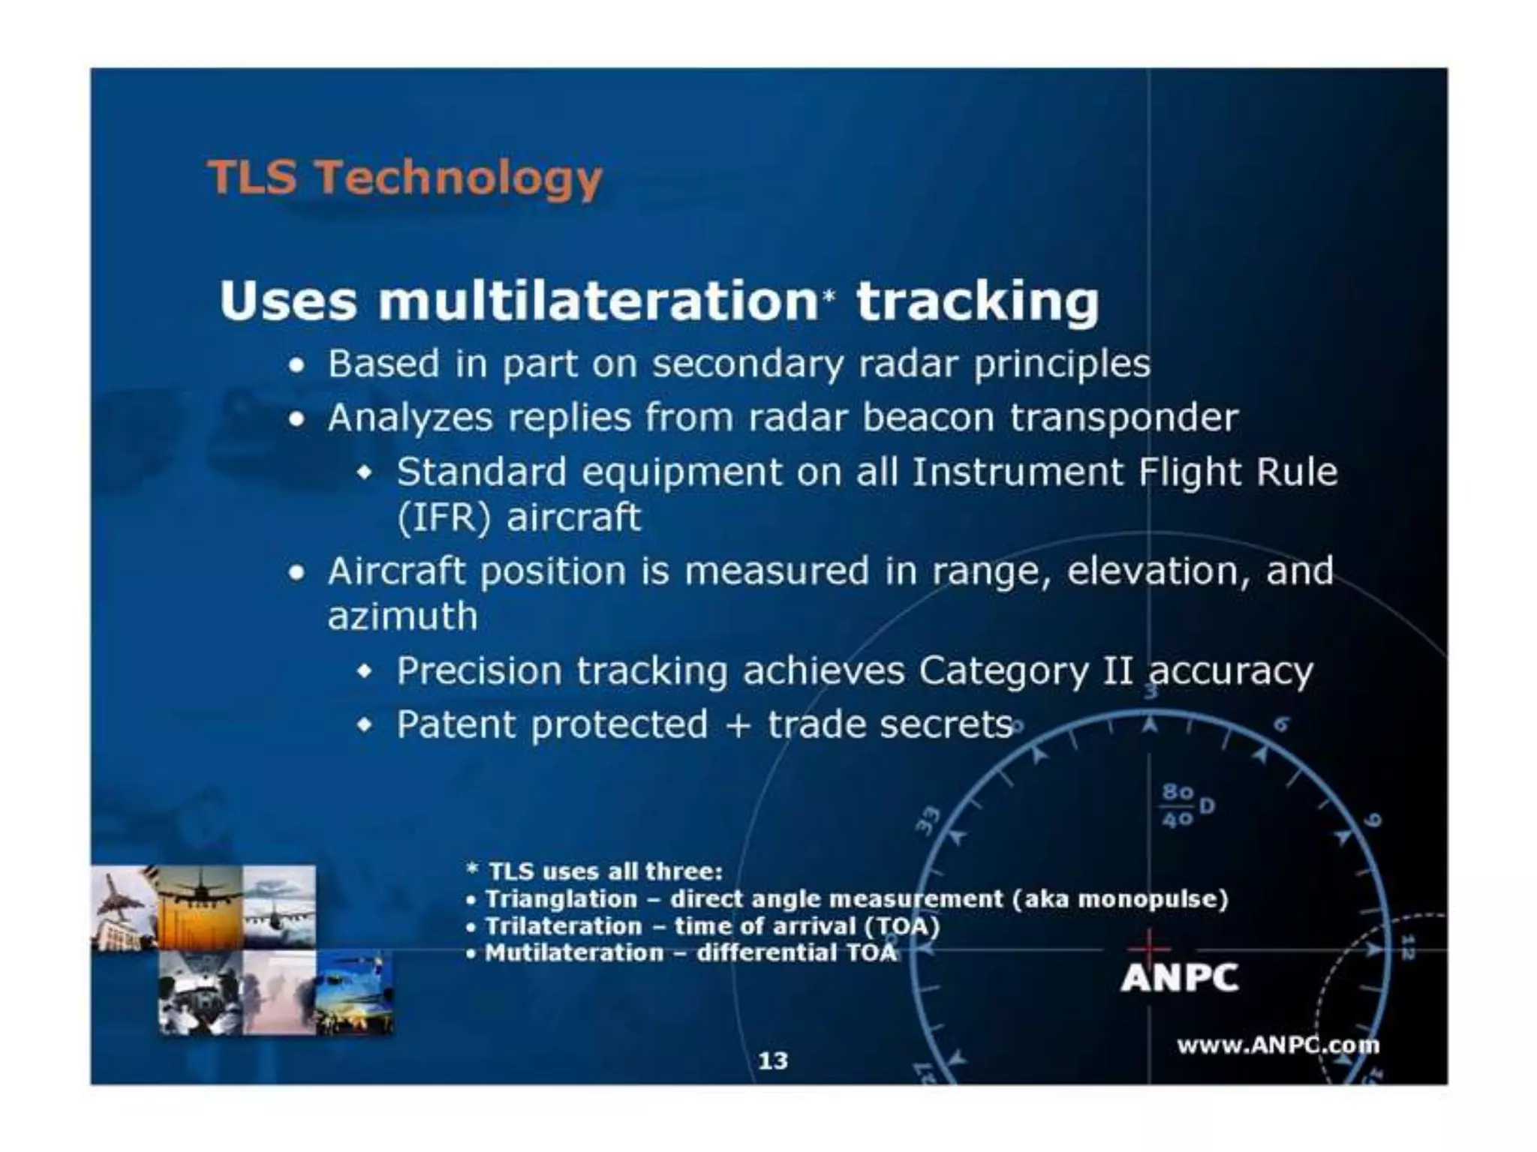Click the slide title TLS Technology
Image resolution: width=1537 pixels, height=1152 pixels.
pos(405,178)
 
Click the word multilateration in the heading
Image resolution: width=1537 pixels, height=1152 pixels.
pos(597,301)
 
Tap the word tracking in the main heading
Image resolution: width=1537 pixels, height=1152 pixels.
pos(977,301)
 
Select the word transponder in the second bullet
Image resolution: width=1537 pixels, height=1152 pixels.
pos(1123,418)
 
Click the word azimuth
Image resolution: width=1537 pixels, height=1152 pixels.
pos(403,616)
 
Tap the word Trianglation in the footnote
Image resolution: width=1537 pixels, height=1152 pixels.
pos(561,898)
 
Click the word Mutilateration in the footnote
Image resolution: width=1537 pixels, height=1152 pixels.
pos(574,953)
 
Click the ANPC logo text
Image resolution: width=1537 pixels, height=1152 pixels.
pos(1179,978)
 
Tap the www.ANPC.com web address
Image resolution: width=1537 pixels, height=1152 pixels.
pos(1277,1045)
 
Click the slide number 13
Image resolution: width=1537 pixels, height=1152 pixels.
pos(773,1060)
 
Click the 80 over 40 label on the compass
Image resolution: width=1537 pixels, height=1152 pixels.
pos(1178,806)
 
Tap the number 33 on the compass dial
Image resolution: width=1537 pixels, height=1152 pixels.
pos(928,820)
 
